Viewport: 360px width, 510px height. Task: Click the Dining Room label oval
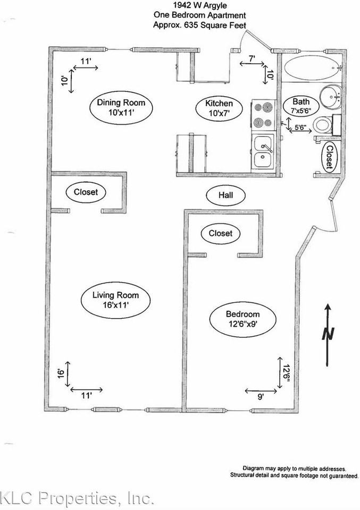tap(121, 108)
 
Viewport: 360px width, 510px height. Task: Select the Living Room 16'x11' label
tap(115, 300)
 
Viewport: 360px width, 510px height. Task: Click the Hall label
tap(226, 195)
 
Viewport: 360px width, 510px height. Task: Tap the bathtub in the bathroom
tap(309, 69)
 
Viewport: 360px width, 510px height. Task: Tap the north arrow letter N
tap(329, 334)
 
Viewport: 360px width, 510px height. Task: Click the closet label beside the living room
tap(86, 192)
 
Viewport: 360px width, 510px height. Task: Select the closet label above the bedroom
tap(221, 233)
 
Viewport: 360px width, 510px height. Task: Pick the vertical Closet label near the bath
tap(329, 157)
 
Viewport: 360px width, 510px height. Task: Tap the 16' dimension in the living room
tap(62, 372)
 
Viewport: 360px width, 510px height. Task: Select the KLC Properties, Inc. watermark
tap(77, 499)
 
